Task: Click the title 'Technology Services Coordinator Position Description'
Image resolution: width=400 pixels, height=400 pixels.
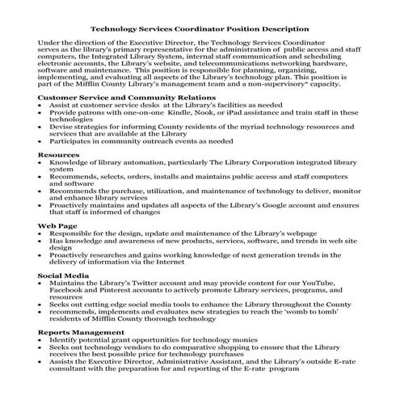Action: tap(199, 28)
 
